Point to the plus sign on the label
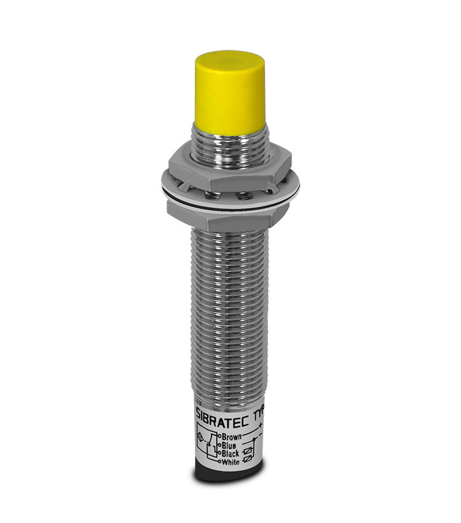point(260,425)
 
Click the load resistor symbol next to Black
point(246,451)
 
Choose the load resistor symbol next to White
point(247,460)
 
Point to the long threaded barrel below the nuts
point(229,308)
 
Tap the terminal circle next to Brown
point(220,436)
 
